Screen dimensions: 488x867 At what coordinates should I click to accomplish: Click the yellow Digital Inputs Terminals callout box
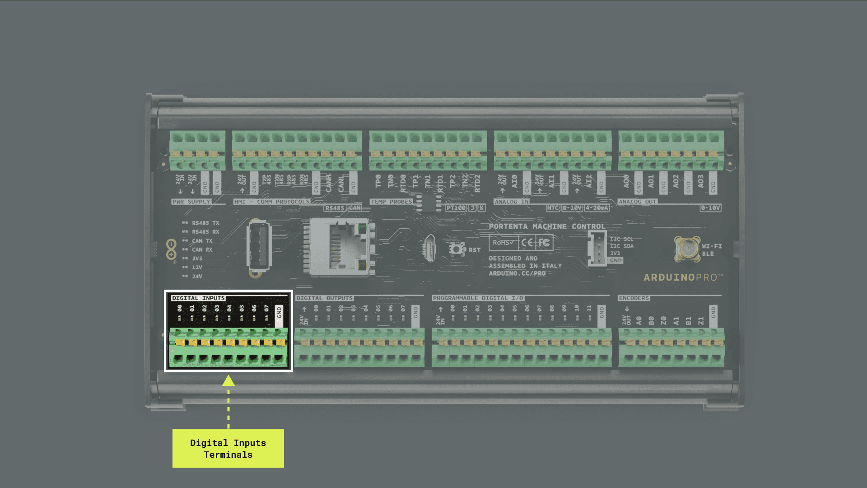pos(228,448)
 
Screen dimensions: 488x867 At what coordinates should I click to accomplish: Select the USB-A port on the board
pos(259,247)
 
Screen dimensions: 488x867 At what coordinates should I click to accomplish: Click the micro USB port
pos(429,248)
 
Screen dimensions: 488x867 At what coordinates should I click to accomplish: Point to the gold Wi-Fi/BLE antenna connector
pos(687,248)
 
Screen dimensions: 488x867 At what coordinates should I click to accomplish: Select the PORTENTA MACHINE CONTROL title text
pos(547,226)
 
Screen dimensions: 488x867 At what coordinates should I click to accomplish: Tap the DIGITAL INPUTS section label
pos(198,298)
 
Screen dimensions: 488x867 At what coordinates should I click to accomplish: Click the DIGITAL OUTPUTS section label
pos(324,298)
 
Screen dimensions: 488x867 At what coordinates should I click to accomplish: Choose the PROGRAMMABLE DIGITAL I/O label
pos(478,298)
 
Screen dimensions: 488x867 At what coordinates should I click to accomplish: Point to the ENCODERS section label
pos(634,298)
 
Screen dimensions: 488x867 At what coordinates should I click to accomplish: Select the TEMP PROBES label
pos(391,202)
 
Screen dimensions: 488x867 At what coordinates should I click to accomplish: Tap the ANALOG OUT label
pos(637,202)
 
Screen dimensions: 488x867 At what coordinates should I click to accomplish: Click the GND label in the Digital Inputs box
pos(279,312)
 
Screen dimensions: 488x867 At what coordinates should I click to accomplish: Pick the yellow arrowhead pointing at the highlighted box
pos(228,380)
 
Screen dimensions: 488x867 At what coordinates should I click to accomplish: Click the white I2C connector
pos(597,249)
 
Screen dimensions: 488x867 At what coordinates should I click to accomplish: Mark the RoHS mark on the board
pos(503,243)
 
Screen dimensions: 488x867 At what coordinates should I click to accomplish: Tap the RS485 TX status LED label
pos(205,223)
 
